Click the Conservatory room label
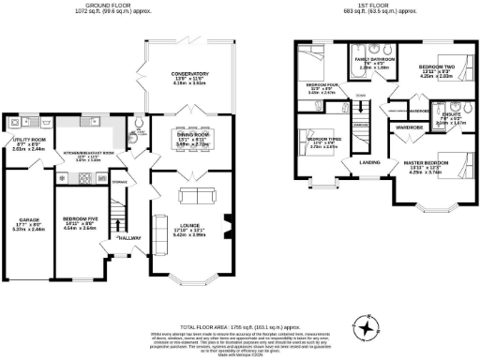point(183,73)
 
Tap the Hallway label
point(128,238)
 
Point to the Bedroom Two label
point(436,68)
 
